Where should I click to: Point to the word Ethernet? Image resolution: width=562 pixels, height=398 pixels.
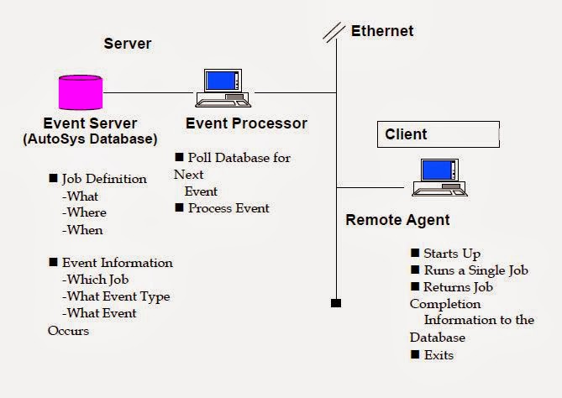tap(381, 32)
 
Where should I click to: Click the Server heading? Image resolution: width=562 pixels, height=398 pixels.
tap(127, 43)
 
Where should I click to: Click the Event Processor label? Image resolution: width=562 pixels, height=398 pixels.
tap(246, 123)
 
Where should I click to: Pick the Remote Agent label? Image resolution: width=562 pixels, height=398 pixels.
tap(397, 220)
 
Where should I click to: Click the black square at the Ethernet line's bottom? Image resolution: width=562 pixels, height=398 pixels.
tap(336, 302)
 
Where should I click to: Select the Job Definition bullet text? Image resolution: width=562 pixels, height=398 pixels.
tap(104, 179)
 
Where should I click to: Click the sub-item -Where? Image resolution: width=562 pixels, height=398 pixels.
tap(85, 212)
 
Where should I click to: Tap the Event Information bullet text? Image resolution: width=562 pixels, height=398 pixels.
tap(117, 263)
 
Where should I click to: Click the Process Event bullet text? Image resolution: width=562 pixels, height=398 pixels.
tap(228, 208)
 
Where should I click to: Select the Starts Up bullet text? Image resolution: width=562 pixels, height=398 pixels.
tap(452, 254)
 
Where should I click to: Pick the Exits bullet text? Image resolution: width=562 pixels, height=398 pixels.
tap(439, 354)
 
